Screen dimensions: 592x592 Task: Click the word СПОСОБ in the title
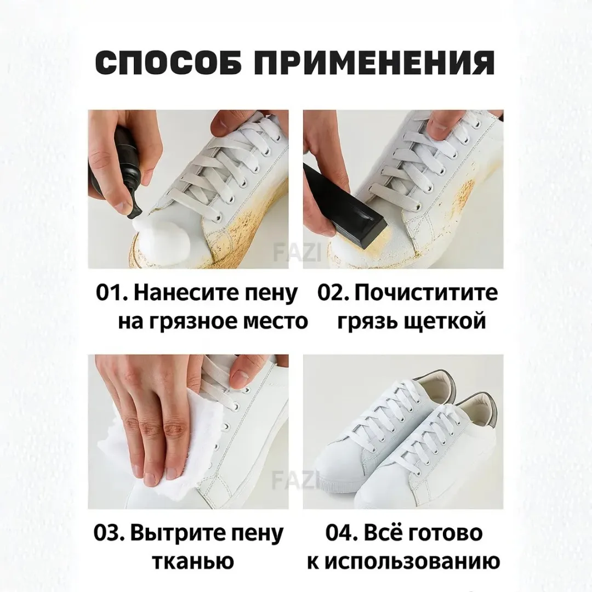click(168, 64)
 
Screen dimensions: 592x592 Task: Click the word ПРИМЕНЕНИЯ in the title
click(377, 64)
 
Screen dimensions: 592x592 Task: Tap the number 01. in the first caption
click(112, 293)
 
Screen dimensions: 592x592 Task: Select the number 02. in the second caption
click(334, 293)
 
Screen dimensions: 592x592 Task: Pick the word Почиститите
click(426, 293)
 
